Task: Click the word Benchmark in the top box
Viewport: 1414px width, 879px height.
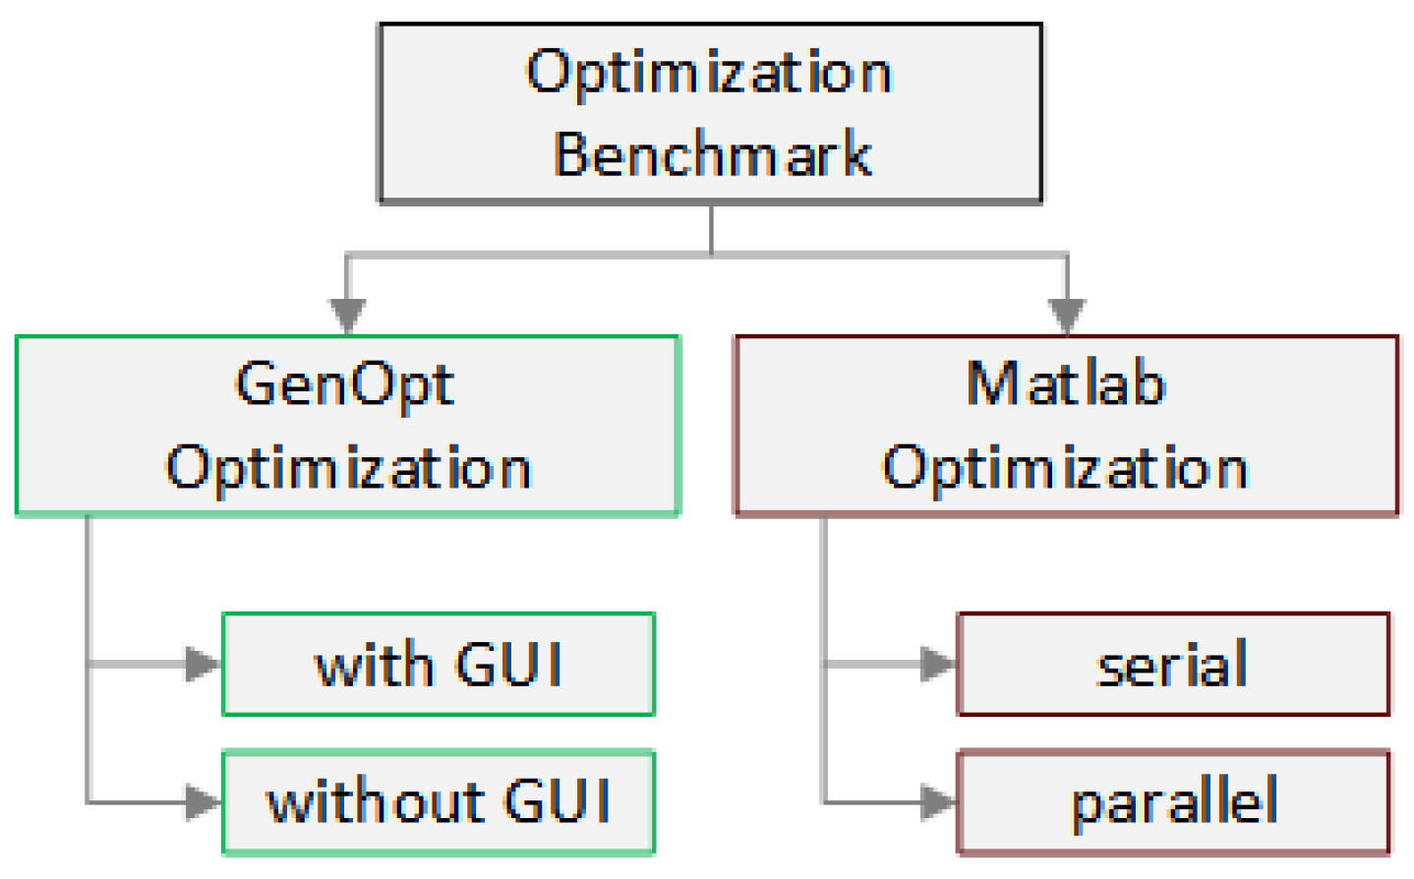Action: (712, 154)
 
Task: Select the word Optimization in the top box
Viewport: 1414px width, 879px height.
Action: (709, 73)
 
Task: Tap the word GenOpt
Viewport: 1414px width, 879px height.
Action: (344, 384)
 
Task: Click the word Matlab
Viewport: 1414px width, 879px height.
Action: (1066, 383)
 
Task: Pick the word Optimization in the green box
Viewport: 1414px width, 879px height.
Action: (348, 467)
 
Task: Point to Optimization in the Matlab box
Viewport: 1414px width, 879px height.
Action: (1065, 467)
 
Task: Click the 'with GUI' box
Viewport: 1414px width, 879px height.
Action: (439, 665)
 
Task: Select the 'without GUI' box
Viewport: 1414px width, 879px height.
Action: (439, 801)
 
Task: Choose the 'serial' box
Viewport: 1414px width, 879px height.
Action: (1172, 665)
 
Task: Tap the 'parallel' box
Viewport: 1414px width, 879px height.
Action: (1173, 802)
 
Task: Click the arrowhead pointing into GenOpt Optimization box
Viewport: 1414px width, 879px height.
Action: (347, 315)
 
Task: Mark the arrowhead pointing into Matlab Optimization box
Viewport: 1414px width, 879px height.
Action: (1067, 315)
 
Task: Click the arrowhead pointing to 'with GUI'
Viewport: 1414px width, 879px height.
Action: (204, 665)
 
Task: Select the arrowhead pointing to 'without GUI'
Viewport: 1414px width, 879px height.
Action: (204, 802)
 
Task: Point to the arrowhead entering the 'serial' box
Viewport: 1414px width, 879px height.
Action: (937, 665)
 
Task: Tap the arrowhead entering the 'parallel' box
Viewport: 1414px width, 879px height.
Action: (937, 802)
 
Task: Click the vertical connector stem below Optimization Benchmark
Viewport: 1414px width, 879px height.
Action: (711, 228)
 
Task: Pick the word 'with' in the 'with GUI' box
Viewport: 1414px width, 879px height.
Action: (374, 666)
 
